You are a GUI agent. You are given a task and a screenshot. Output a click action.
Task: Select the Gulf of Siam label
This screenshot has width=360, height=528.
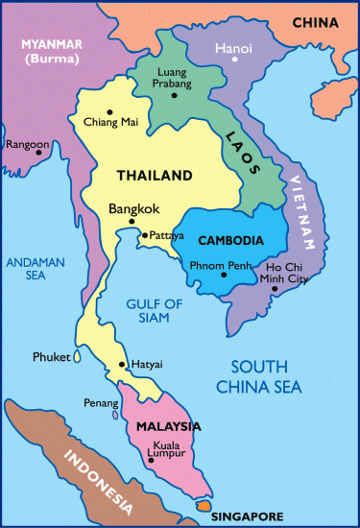[155, 312]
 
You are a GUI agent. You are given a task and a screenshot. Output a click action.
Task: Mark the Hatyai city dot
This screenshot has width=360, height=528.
[120, 365]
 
